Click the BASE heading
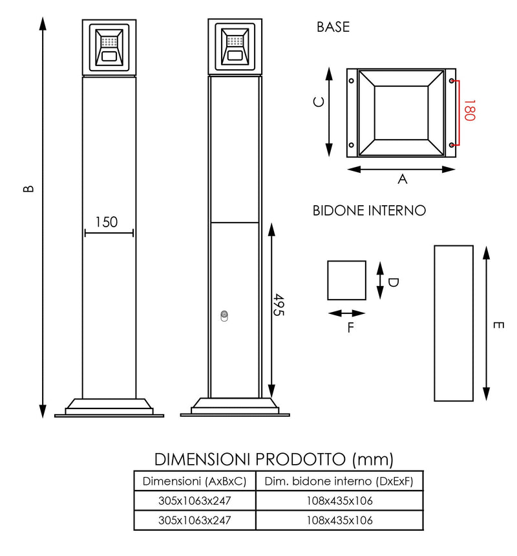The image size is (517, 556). [333, 27]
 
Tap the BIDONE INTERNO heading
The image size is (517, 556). [369, 210]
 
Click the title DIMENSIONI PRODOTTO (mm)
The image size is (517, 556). [274, 459]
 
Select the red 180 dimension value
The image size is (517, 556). [469, 111]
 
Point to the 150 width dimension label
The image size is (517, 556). [107, 222]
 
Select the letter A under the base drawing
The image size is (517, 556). [402, 179]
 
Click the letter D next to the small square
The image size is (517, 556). [393, 282]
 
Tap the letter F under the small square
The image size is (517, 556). [350, 327]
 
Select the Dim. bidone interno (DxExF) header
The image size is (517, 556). [339, 481]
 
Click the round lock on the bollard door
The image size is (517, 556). [224, 316]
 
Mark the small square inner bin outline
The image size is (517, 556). [346, 280]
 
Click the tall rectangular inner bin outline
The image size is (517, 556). [454, 323]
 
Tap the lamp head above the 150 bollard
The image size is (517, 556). [109, 48]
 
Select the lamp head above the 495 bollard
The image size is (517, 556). [235, 48]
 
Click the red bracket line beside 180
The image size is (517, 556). [458, 112]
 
